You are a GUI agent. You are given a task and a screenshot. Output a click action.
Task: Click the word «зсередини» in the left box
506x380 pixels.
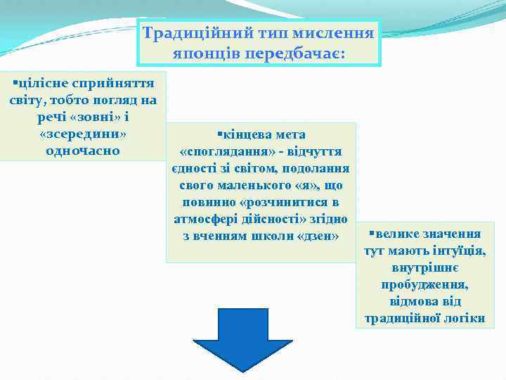point(83,134)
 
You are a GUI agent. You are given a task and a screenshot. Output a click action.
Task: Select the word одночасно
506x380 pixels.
point(83,151)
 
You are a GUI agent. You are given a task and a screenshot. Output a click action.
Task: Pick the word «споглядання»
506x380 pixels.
point(218,151)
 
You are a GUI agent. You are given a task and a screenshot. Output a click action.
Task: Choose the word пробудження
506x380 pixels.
point(424,284)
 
